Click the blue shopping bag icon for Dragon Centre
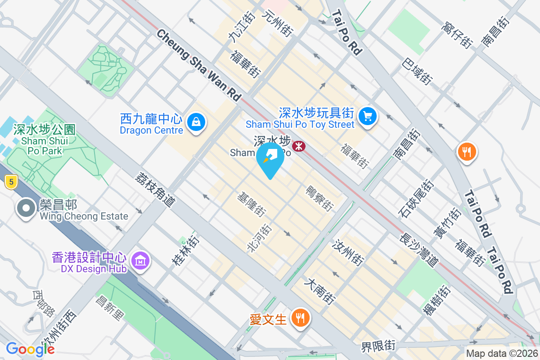click(197, 122)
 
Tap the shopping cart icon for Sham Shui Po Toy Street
click(368, 117)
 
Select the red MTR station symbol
click(298, 146)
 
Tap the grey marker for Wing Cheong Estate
click(26, 208)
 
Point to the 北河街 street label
click(260, 238)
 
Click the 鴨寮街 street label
click(319, 198)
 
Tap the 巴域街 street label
click(418, 71)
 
